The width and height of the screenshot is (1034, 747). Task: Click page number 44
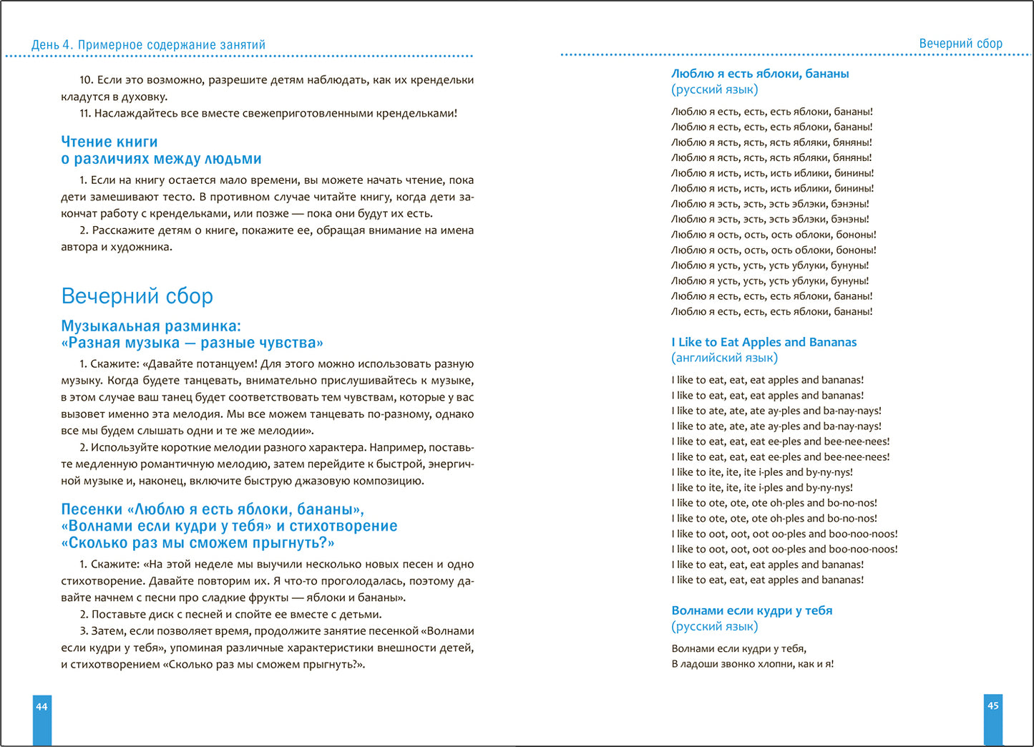pos(42,707)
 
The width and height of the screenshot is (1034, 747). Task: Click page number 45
pos(992,705)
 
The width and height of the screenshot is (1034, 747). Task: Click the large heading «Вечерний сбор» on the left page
pos(137,296)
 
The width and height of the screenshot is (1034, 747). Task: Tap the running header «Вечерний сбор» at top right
pos(960,44)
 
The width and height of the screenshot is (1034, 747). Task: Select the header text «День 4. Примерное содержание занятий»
pos(148,45)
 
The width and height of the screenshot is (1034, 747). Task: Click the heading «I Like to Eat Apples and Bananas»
pos(764,342)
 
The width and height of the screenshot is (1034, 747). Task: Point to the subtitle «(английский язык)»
pos(724,358)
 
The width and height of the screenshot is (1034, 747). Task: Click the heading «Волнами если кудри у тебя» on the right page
pos(751,610)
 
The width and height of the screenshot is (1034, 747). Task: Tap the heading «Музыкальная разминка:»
pos(151,326)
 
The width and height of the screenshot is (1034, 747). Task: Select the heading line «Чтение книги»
pos(109,142)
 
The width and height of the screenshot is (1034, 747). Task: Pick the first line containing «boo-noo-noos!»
pos(784,534)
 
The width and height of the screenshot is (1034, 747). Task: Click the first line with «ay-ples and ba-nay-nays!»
pos(776,411)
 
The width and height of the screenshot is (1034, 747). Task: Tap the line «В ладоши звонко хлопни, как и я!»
pos(752,664)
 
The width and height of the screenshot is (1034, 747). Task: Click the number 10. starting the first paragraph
pos(86,80)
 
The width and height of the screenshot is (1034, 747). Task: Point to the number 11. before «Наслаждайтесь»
pos(85,113)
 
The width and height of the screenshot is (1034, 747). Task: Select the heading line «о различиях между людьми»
pos(161,159)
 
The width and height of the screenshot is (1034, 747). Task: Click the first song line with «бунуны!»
pos(770,265)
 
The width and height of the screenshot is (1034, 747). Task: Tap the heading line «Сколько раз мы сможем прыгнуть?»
pos(197,543)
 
